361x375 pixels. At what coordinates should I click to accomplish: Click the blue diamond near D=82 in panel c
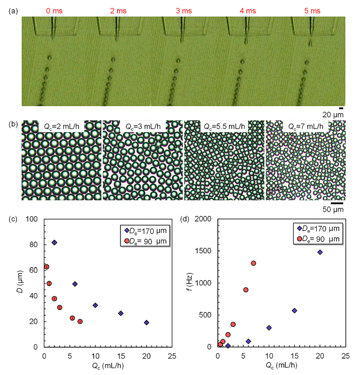coord(54,242)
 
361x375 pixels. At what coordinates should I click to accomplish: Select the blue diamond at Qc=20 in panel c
coord(147,322)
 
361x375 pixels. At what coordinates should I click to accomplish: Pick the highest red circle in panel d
coord(253,263)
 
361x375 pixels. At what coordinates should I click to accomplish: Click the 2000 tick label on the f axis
coord(206,219)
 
